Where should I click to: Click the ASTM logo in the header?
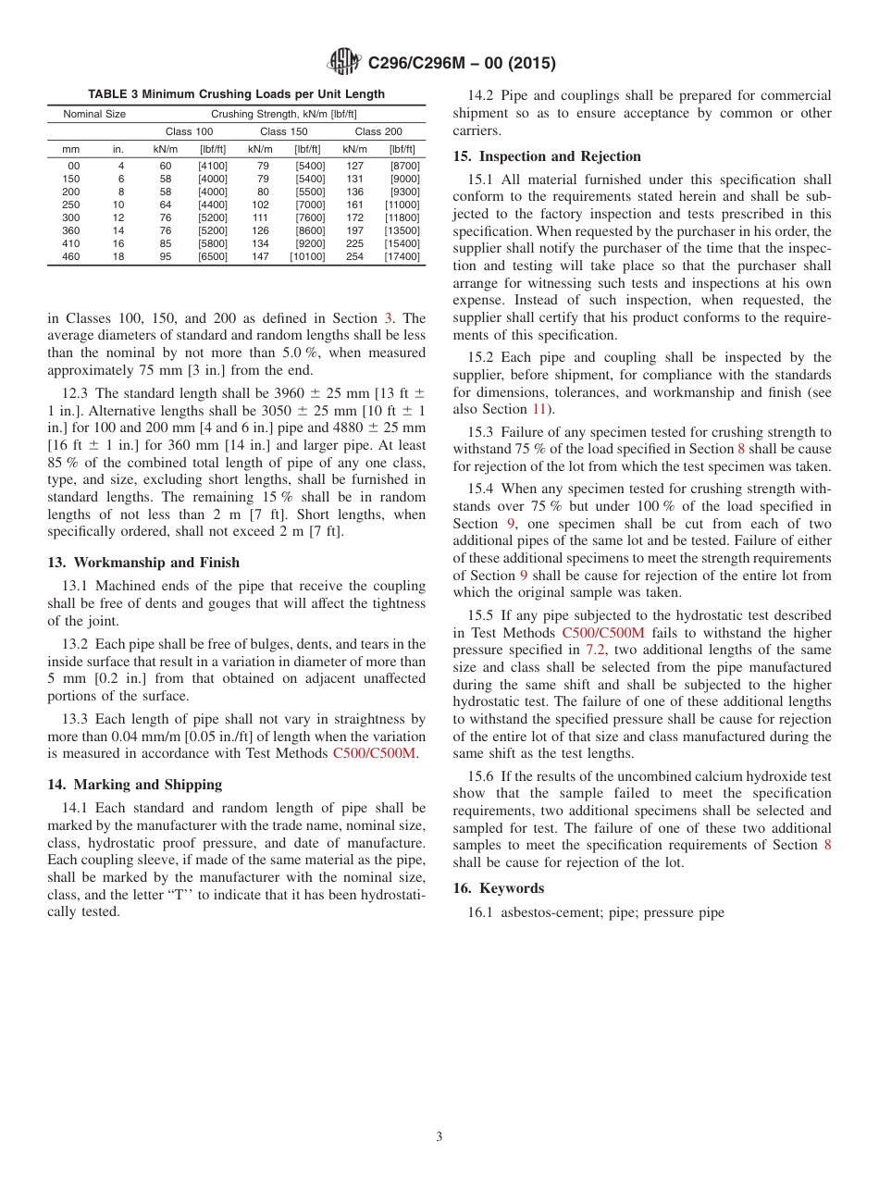[x=345, y=63]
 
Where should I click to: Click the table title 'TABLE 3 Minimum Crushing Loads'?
[x=236, y=94]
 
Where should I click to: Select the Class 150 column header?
[x=283, y=131]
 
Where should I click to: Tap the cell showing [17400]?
[x=402, y=256]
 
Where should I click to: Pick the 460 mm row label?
[x=70, y=256]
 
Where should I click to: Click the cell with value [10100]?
[x=307, y=256]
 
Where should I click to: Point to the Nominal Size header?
[x=94, y=115]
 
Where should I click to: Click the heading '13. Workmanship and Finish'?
[x=143, y=563]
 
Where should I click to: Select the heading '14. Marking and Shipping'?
[x=135, y=785]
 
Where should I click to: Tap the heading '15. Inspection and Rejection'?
[x=546, y=156]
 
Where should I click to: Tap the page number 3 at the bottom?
[x=439, y=1137]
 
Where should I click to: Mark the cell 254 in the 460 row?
[x=354, y=256]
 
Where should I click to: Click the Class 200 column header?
[x=378, y=131]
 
